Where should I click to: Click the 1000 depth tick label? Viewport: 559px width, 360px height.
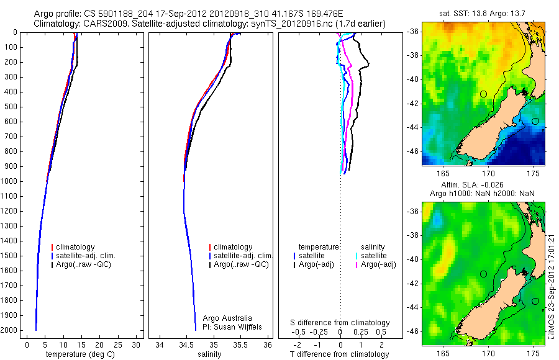tap(11, 181)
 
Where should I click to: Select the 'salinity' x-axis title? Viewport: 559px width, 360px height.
tap(208, 355)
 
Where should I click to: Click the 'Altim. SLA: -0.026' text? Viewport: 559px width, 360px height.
tap(483, 185)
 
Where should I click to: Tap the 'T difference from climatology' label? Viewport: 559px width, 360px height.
tap(340, 355)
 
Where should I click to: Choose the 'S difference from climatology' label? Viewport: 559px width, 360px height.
tap(340, 323)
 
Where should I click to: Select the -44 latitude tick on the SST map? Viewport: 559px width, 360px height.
tap(414, 127)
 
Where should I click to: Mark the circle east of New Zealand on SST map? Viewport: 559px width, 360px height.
tap(535, 121)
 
